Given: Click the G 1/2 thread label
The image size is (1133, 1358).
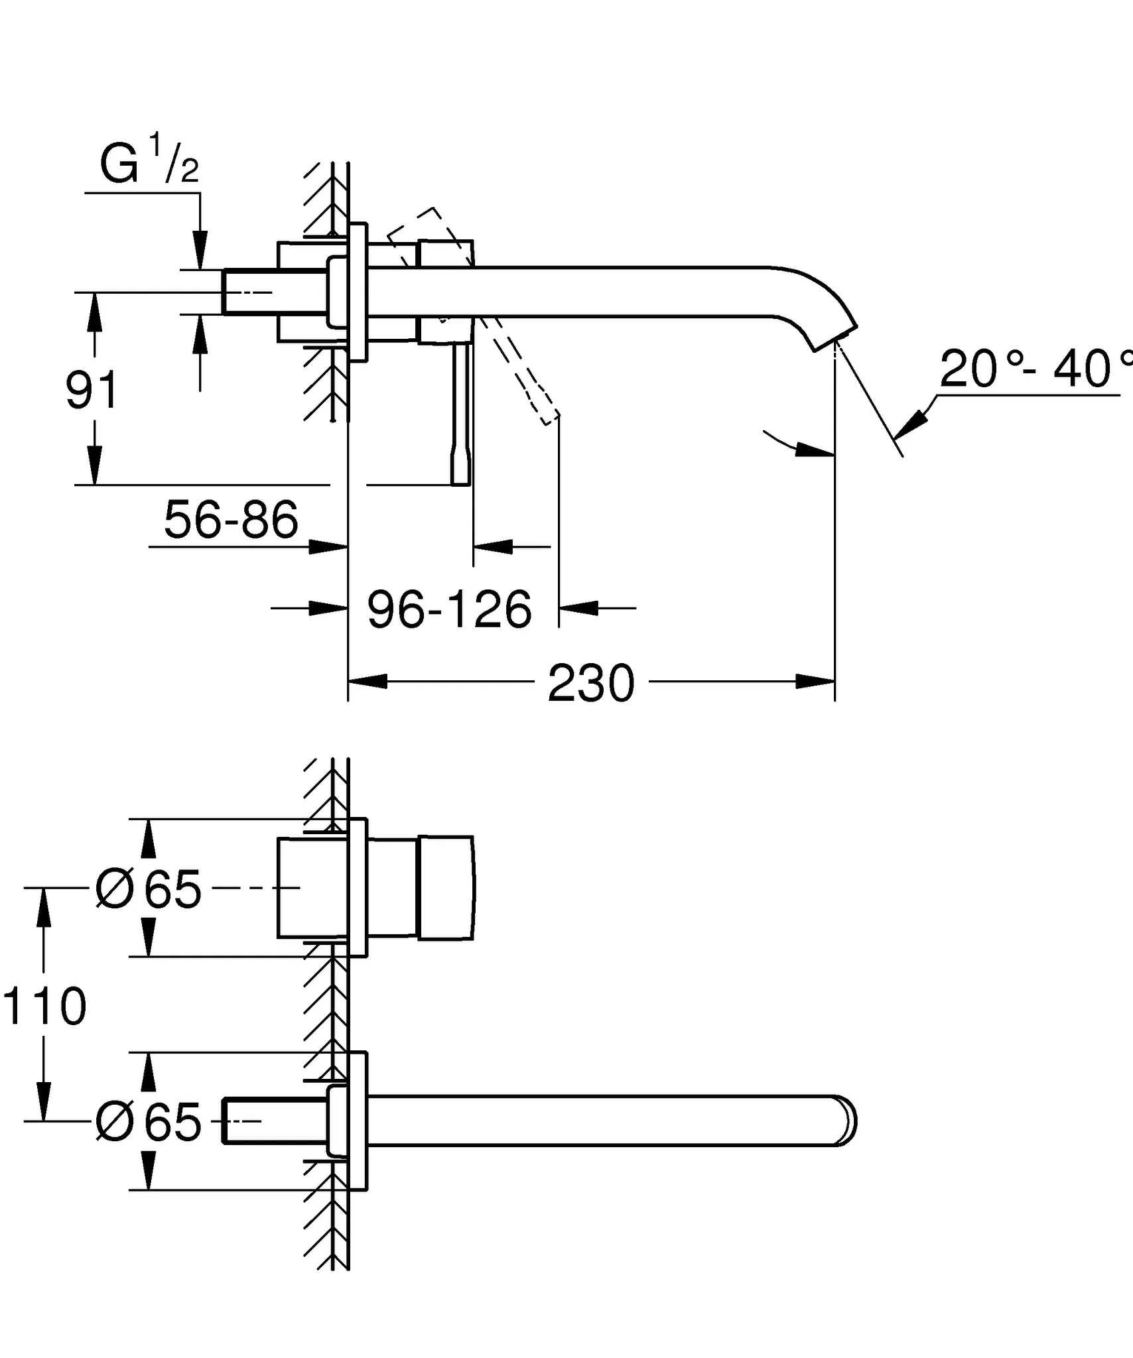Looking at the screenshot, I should (149, 164).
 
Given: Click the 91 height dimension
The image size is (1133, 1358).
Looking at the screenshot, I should (92, 391).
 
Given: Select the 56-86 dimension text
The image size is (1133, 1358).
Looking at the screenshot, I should (231, 520).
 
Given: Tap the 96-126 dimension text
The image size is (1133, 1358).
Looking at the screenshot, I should (449, 609).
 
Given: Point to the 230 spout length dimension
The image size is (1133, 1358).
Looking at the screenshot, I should (591, 684).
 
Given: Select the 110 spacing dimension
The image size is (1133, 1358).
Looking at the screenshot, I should (44, 1006).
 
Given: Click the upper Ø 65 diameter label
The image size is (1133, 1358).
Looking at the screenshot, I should (149, 889).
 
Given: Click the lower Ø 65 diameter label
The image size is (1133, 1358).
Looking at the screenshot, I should (149, 1122).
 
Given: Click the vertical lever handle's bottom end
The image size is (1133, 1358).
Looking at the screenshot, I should (460, 479).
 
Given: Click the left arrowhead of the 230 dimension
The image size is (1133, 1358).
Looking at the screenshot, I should (367, 681).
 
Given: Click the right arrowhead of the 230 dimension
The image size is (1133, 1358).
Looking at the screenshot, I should (815, 681).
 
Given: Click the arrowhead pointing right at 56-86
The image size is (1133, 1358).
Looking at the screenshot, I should (328, 547).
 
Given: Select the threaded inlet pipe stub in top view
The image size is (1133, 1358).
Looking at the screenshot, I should (249, 291).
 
